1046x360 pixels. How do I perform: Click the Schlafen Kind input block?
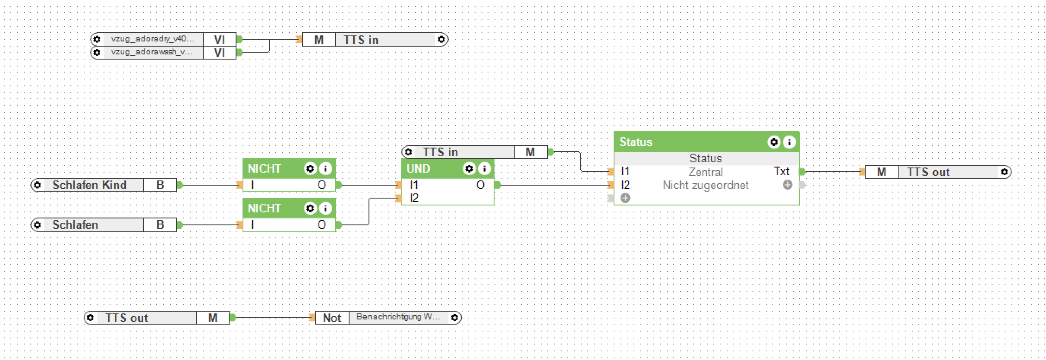[x=89, y=185]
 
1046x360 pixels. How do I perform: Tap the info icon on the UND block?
[x=485, y=168]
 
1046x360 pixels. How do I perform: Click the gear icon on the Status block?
[x=774, y=142]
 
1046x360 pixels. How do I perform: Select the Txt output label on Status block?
[x=781, y=171]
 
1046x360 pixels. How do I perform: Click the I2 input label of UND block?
[x=414, y=198]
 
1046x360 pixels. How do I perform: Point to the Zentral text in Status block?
[x=706, y=172]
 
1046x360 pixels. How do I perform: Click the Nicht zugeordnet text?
[x=706, y=185]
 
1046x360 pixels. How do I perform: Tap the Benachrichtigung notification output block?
[x=398, y=318]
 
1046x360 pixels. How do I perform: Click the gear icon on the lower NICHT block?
[x=310, y=208]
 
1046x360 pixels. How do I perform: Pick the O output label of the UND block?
[x=480, y=185]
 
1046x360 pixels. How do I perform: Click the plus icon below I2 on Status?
[x=625, y=198]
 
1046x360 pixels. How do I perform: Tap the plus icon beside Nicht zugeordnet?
[x=788, y=185]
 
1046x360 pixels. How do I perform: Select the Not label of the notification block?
[x=332, y=318]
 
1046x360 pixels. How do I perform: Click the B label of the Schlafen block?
[x=160, y=225]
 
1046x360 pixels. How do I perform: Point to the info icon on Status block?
[x=789, y=142]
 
